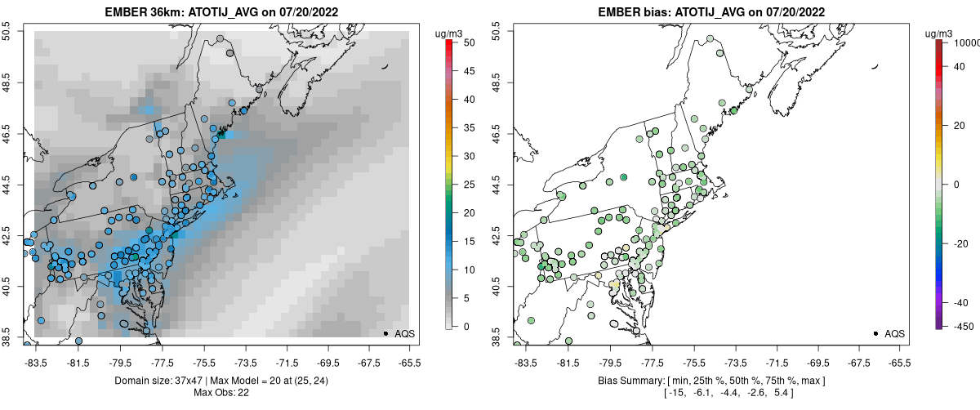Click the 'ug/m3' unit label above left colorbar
click(450, 33)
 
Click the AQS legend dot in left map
click(385, 333)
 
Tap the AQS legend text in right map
click(895, 333)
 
